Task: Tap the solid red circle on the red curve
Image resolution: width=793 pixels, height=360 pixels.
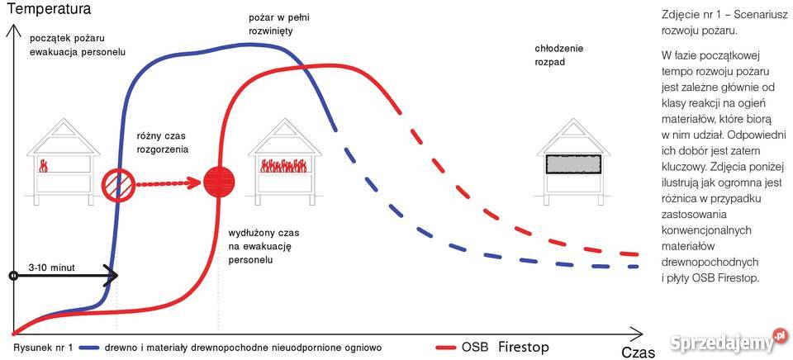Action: point(219,181)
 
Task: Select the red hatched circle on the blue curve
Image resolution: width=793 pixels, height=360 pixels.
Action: point(116,182)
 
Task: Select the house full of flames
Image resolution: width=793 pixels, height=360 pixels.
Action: point(284,160)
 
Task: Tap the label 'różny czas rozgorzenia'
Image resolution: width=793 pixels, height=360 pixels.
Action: point(162,141)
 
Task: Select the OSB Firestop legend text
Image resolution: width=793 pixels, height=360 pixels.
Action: point(505,346)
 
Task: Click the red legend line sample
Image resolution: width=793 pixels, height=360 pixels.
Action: point(445,347)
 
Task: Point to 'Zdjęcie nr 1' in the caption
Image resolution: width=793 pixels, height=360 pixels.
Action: point(691,15)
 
